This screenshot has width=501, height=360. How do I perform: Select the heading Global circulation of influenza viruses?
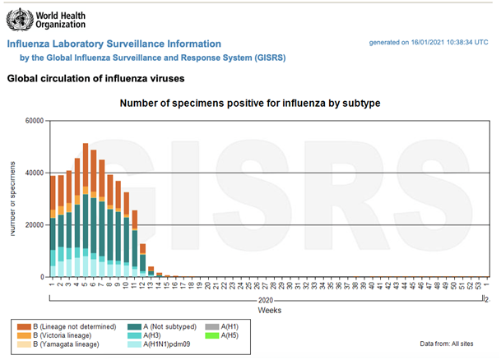coord(95,79)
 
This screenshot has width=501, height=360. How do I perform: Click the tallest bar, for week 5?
coord(86,210)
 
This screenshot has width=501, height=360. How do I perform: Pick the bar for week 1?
coord(53,227)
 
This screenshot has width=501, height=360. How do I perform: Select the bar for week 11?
coord(134,244)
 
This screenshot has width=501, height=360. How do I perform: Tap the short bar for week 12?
coord(142,261)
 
